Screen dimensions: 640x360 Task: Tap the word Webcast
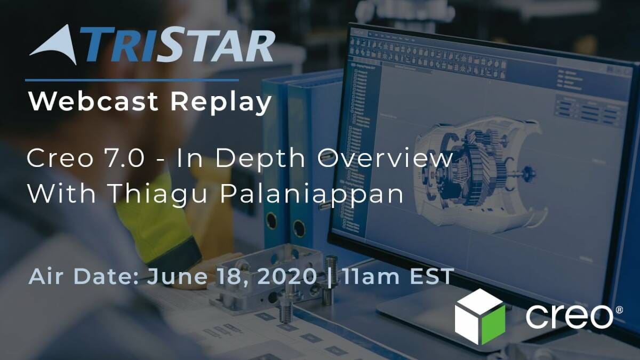[93, 101]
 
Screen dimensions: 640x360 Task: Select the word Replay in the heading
[221, 103]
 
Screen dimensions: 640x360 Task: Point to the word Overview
[385, 158]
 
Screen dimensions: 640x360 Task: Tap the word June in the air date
[177, 277]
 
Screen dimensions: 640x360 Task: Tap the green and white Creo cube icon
[479, 317]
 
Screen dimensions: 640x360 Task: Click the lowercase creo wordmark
[569, 317]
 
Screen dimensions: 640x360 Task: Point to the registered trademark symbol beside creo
[619, 310]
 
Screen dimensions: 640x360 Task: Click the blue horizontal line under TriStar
[132, 81]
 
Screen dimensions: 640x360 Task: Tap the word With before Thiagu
[61, 193]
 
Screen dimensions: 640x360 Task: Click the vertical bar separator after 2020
[330, 277]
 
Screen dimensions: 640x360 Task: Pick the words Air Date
[83, 277]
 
